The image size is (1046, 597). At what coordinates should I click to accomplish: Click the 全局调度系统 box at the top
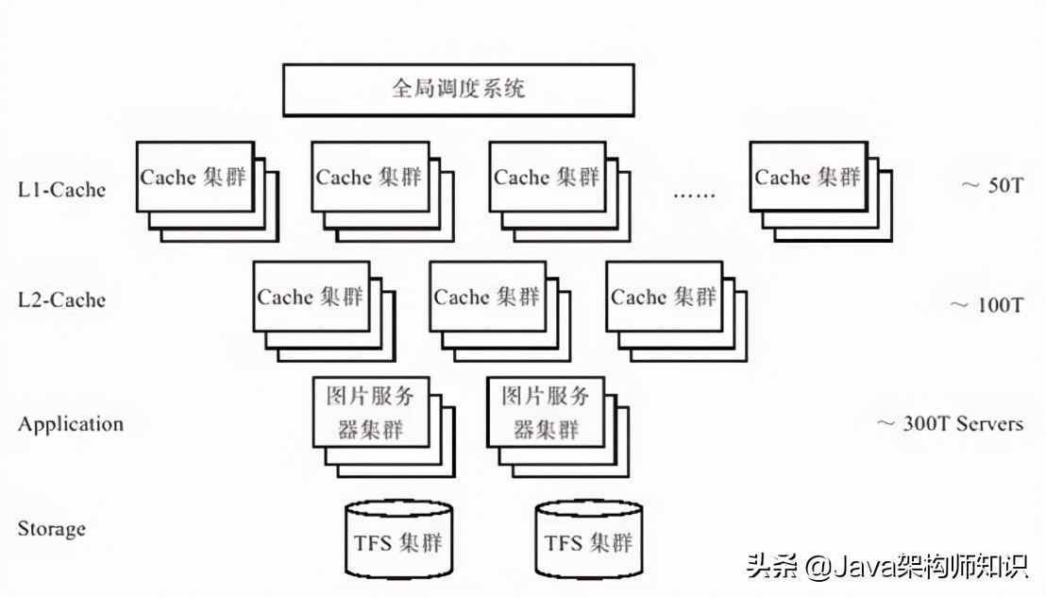coord(458,90)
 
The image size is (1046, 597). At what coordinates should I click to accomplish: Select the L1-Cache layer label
coord(61,190)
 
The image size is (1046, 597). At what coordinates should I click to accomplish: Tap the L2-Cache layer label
coord(61,300)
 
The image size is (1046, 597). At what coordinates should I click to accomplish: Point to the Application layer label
coord(71,424)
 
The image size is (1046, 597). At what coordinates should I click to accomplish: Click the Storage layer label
coord(52,528)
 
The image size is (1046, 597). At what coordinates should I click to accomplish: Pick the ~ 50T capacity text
coord(991,185)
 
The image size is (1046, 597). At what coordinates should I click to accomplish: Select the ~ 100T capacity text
coord(986,305)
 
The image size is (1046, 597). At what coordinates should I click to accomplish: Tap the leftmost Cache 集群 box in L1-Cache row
coord(195,178)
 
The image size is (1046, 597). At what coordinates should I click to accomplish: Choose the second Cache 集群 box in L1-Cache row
coord(370,178)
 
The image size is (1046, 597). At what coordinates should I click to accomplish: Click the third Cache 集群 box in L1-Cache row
coord(547,178)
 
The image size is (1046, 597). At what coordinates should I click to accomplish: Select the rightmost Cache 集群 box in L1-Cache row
coord(808,178)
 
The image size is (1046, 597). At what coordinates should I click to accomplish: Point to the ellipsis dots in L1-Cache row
coord(694,196)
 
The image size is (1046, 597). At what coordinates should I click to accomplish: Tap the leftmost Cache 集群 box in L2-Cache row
coord(311,297)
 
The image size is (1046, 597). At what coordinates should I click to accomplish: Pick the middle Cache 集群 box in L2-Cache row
coord(487,297)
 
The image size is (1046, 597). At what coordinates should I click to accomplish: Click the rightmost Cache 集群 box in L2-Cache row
coord(664,297)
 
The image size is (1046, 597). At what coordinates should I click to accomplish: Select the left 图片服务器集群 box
coord(370,412)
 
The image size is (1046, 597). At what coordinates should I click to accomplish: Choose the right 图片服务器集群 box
coord(546,412)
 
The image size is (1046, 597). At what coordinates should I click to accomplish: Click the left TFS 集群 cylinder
coord(398,540)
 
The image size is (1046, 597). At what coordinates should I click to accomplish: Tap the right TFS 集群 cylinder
coord(589,540)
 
